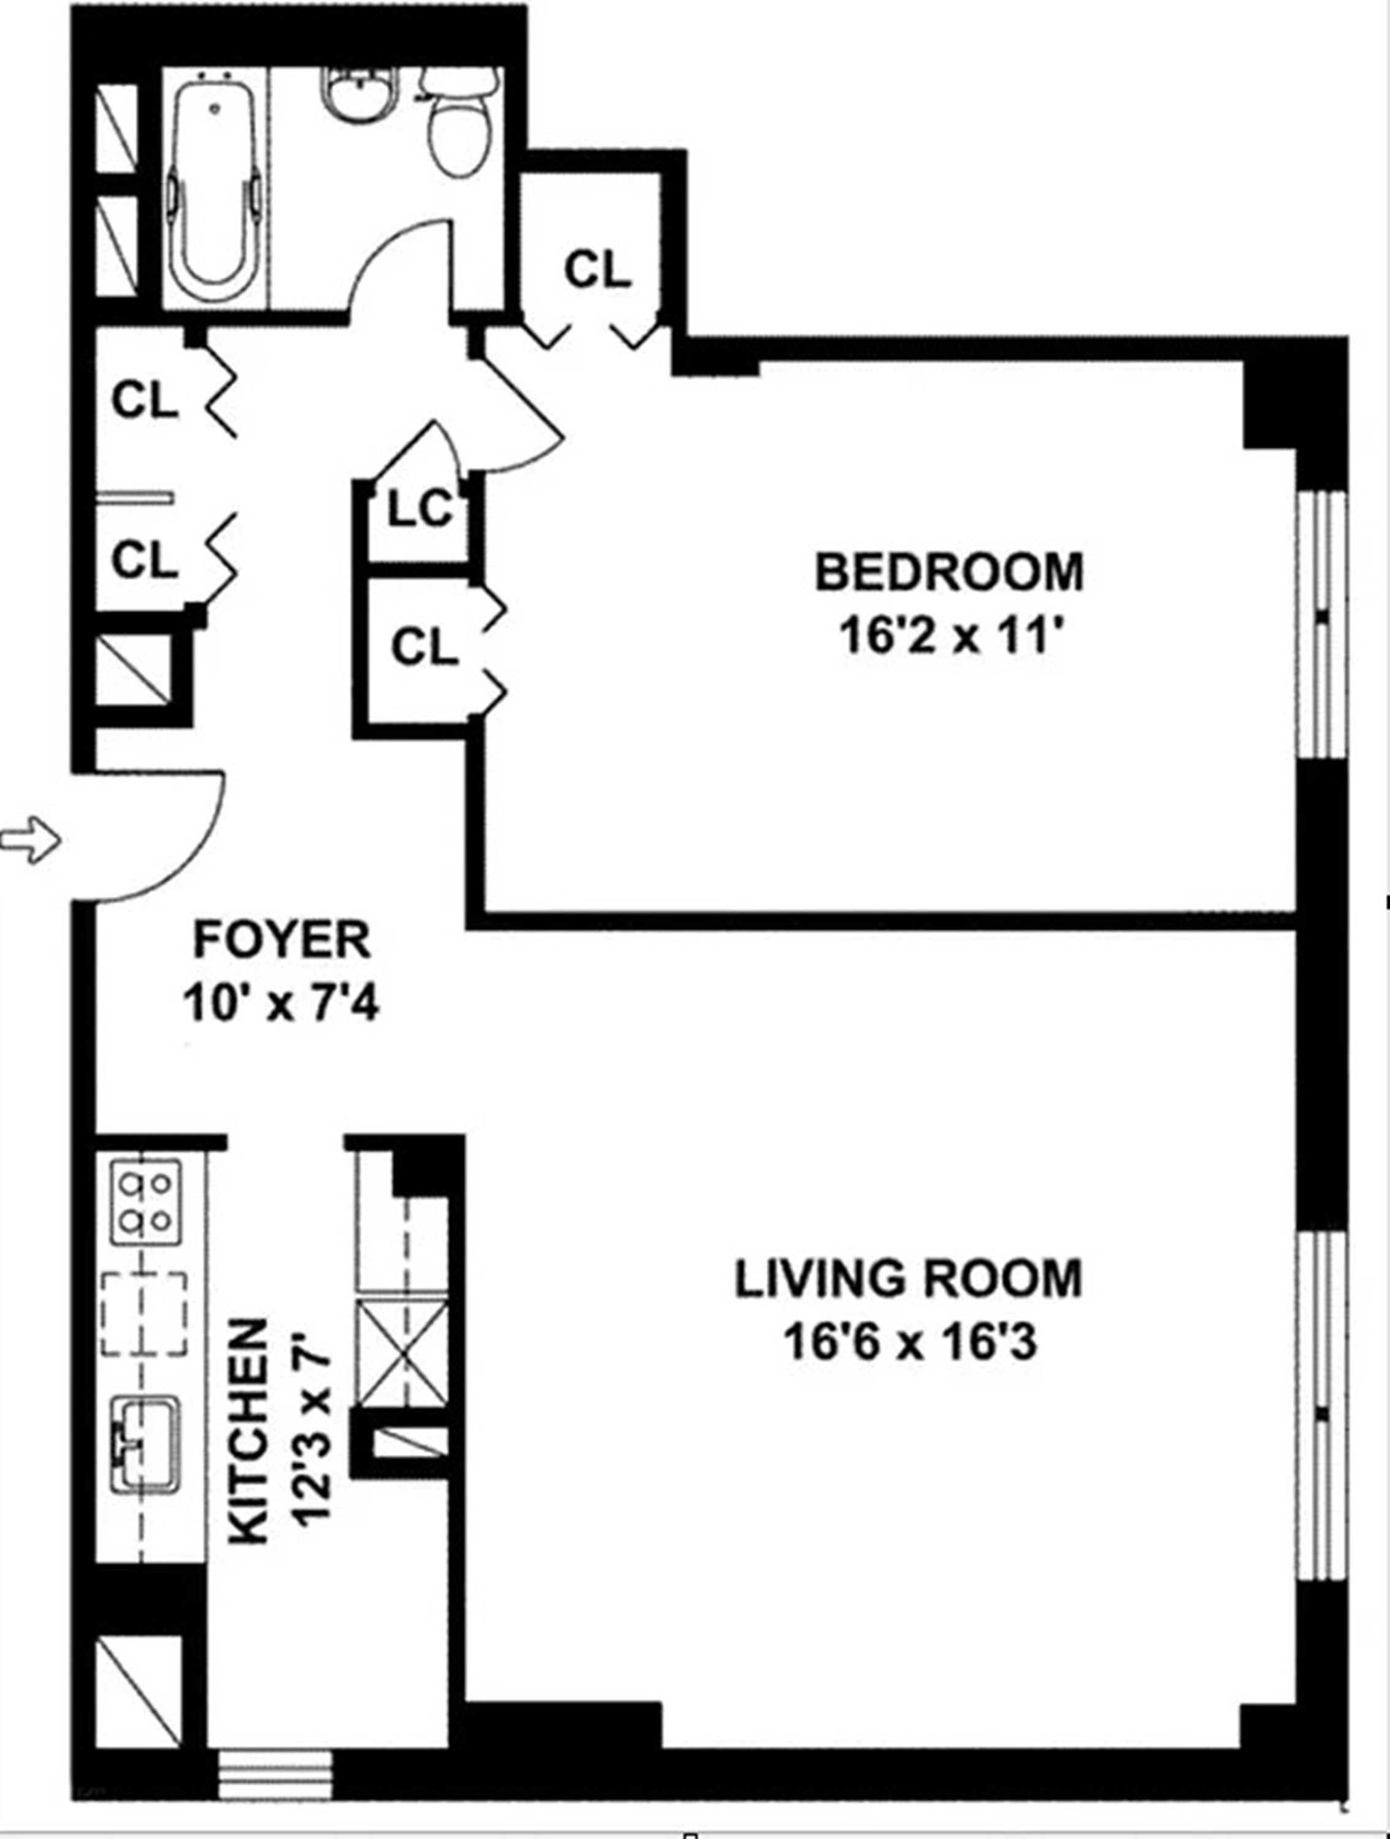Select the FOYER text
[x=282, y=940]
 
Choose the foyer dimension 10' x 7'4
[x=282, y=1003]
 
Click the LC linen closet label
[x=421, y=509]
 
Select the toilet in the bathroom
[x=458, y=124]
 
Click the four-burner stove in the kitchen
[x=145, y=1202]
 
